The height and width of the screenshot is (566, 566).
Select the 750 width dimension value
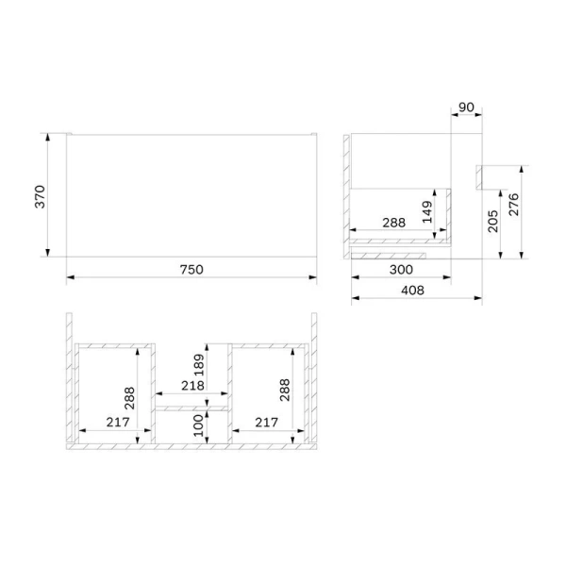pos(191,269)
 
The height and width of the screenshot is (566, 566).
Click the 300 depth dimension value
pos(401,269)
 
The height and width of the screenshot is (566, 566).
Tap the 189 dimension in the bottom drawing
pos(195,364)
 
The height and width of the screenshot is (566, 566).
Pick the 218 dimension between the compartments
pos(191,386)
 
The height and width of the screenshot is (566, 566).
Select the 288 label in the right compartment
pos(285,388)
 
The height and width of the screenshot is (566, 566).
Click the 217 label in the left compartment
pos(115,424)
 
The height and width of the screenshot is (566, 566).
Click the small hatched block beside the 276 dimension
pos(481,176)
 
